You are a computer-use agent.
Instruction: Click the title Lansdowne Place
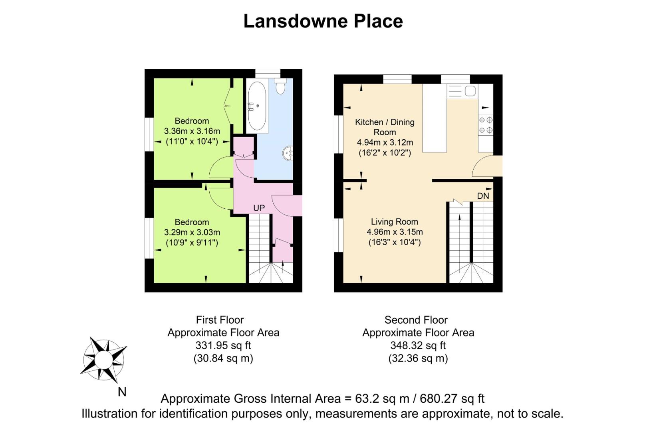point(323,21)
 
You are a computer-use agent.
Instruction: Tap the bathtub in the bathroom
point(257,106)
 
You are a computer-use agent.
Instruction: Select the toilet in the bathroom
point(280,85)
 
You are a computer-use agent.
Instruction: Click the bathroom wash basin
point(288,153)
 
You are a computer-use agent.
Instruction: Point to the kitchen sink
point(462,91)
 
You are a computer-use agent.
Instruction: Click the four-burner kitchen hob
point(486,125)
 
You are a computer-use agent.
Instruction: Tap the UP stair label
point(259,208)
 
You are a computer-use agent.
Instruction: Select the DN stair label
point(483,196)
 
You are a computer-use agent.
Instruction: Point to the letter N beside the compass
point(122,392)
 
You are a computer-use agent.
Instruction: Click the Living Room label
point(394,222)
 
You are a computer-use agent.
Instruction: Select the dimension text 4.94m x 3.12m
point(385,142)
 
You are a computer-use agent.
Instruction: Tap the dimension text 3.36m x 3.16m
point(192,131)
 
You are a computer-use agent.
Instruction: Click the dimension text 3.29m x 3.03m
point(192,232)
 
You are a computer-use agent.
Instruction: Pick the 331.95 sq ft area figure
point(223,345)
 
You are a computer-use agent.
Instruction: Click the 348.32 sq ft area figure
point(418,345)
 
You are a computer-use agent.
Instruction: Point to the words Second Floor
point(416,320)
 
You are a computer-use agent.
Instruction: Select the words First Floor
point(220,320)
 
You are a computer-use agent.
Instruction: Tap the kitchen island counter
point(435,118)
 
